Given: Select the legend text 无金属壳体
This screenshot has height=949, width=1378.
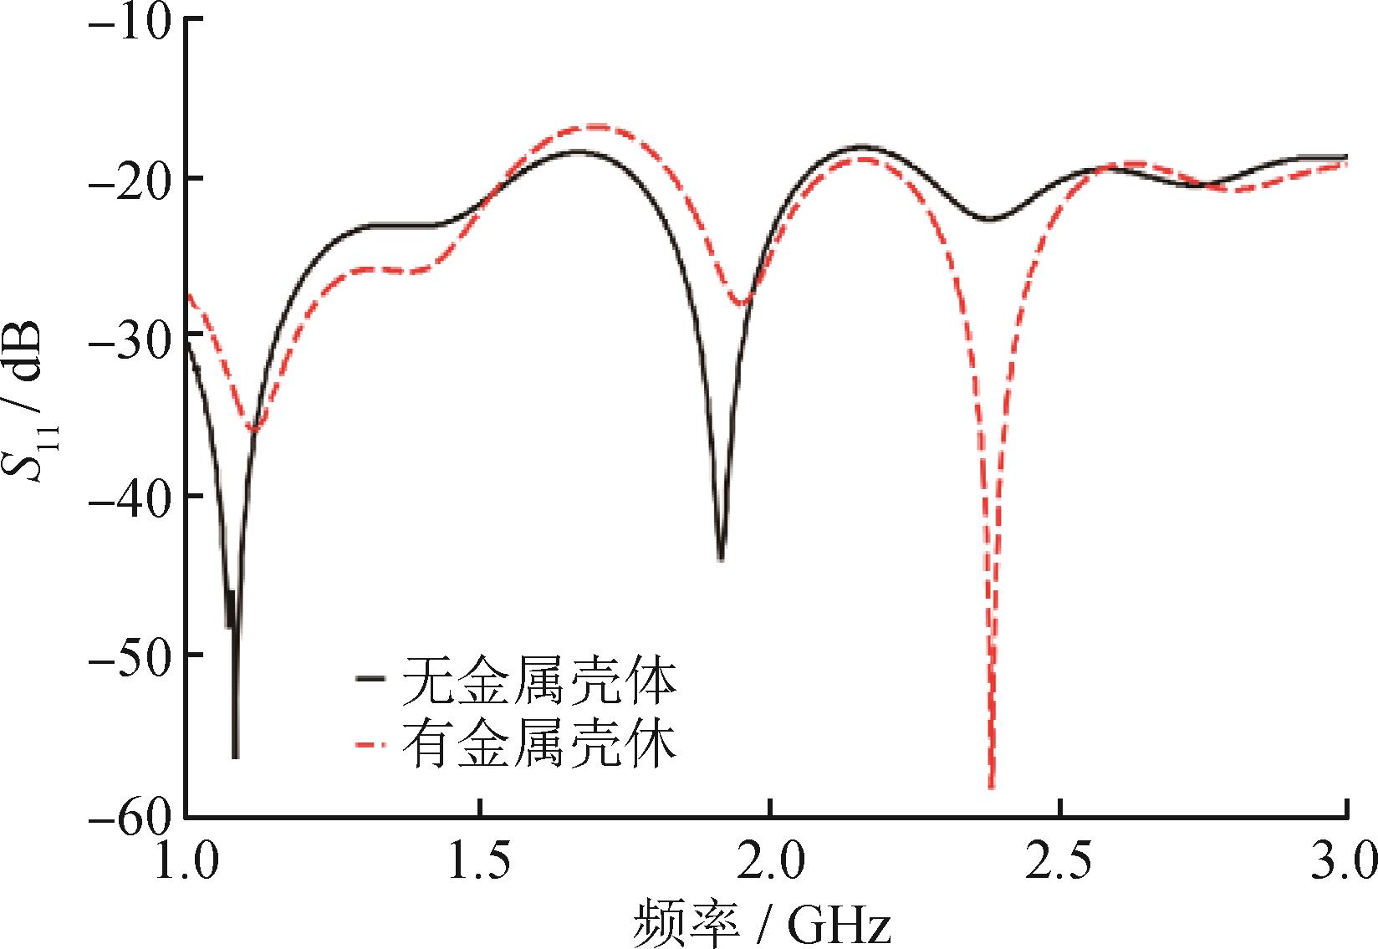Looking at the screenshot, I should click(x=539, y=684).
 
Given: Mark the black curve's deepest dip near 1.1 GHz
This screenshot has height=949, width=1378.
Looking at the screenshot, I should click(x=235, y=756).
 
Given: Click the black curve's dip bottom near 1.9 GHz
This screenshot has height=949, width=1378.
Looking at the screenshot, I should click(x=721, y=559).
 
